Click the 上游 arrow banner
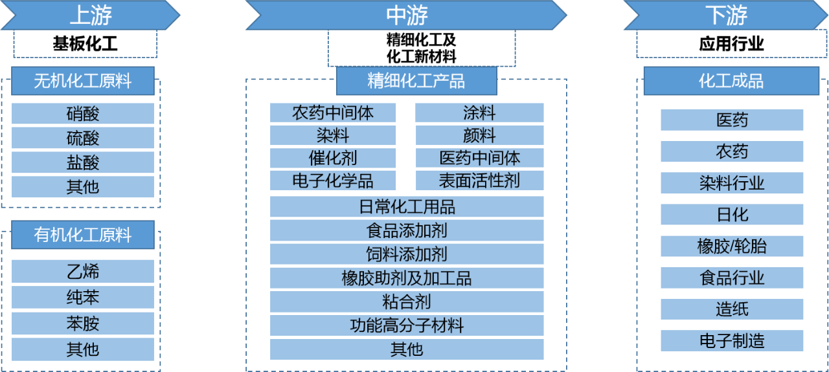coord(90,15)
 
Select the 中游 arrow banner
coord(406,15)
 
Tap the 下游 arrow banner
coord(727,15)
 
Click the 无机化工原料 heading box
coord(83,81)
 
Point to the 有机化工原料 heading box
coord(83,235)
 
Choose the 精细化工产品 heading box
coord(416,81)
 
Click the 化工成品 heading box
coord(731,81)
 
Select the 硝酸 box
coord(83,114)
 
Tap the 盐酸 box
coord(83,162)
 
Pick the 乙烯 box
coord(83,271)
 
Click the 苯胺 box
coord(83,323)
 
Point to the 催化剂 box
coord(333,157)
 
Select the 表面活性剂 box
coord(479,180)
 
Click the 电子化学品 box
coord(333,180)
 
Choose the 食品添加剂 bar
coord(407,230)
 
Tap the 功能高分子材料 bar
coord(407,325)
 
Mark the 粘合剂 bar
coord(407,301)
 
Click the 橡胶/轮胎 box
coord(732,246)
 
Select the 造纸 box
coord(732,309)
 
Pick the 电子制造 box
coord(732,340)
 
